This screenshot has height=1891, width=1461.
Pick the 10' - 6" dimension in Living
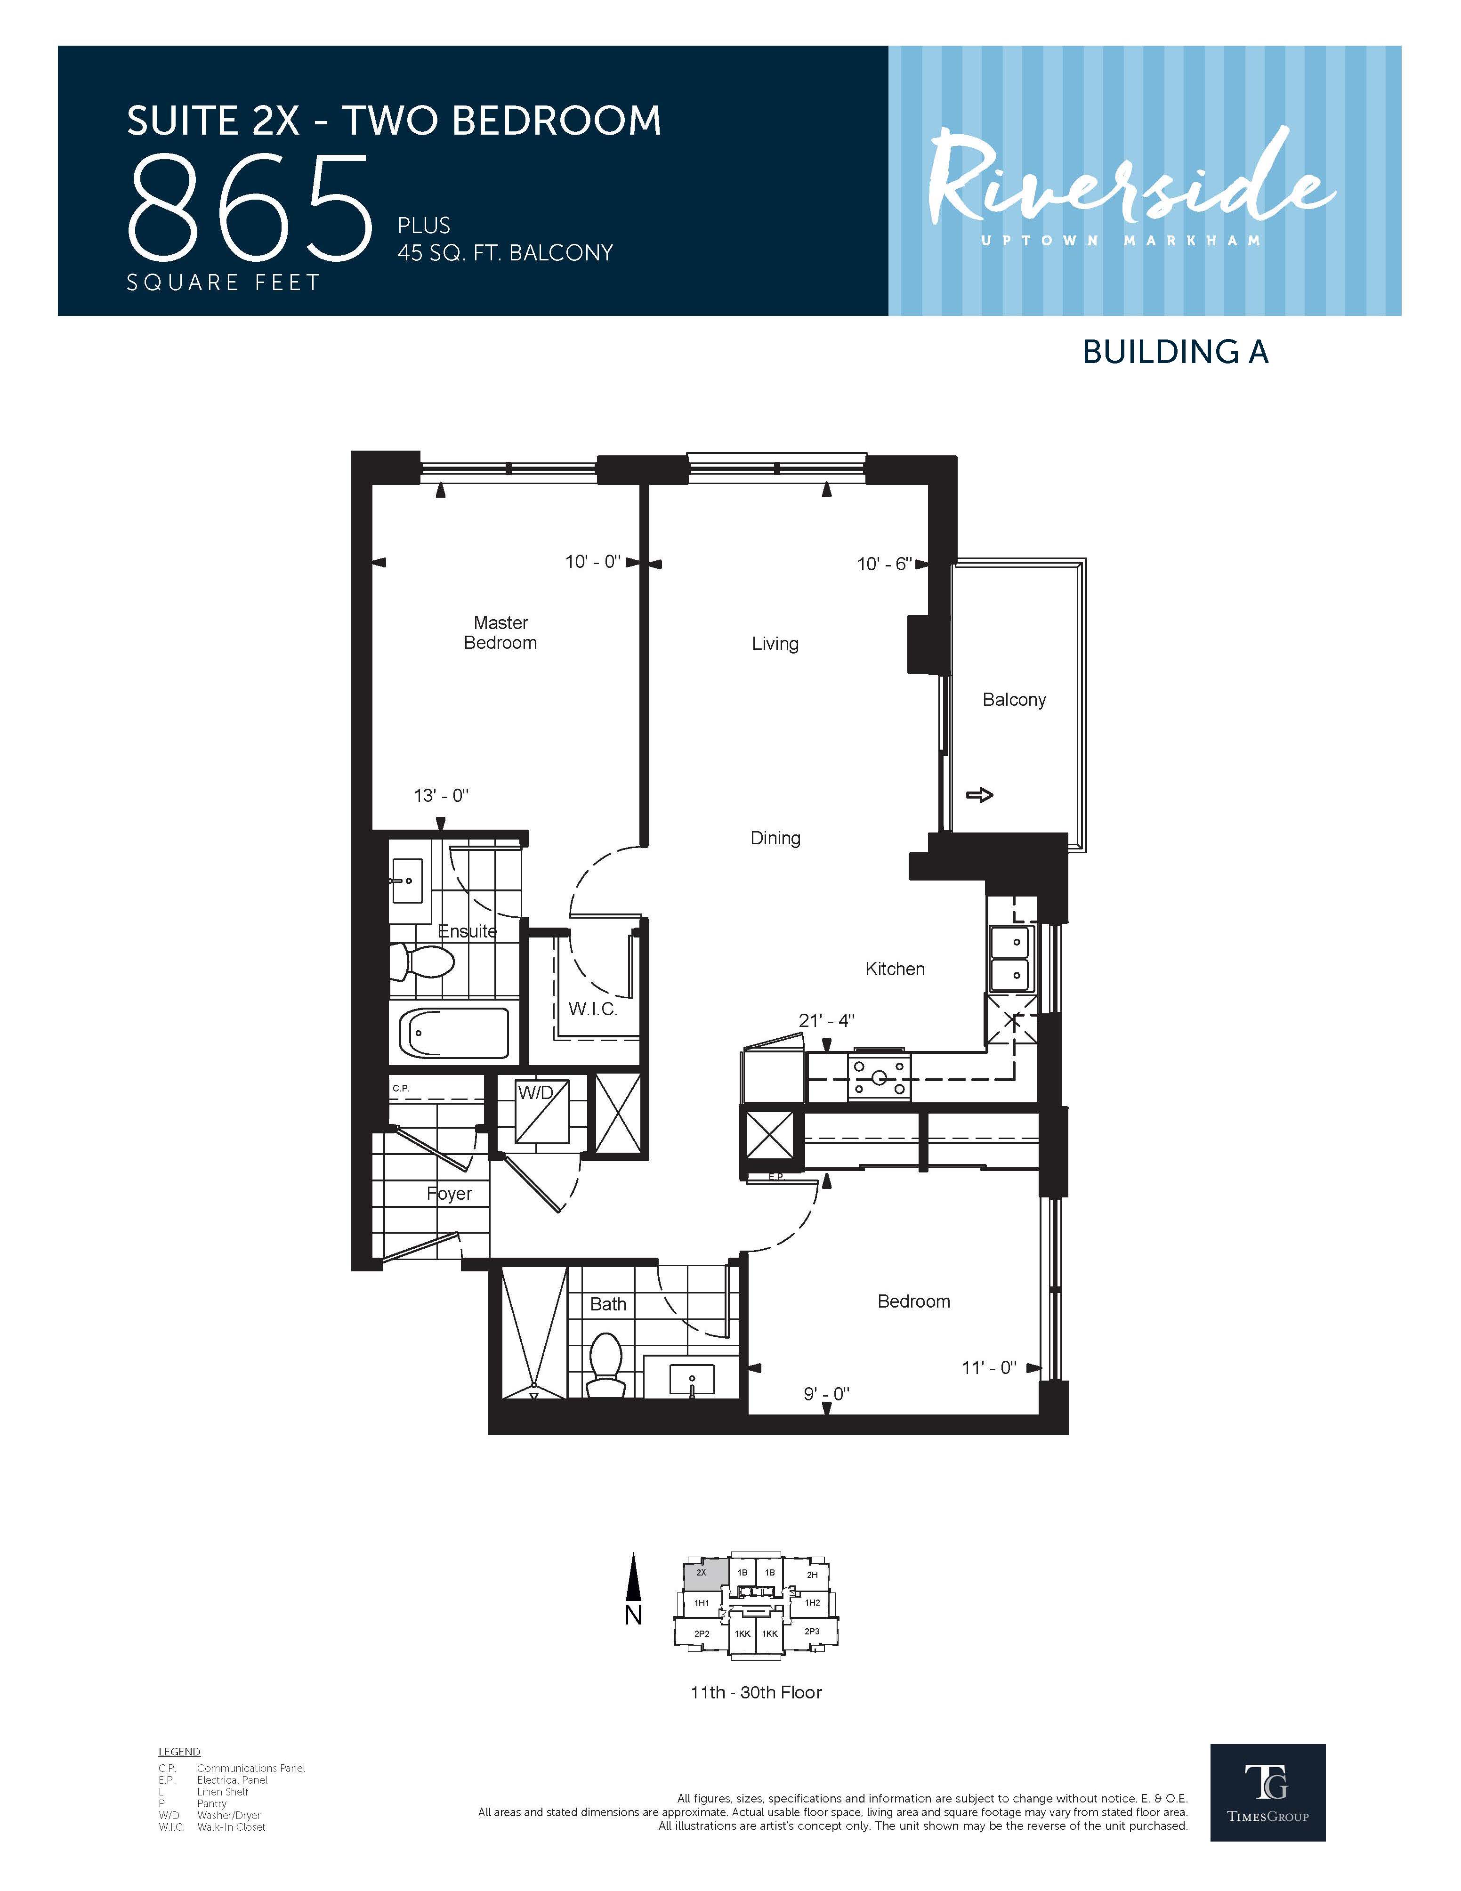click(884, 564)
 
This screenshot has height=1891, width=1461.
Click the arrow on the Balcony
click(979, 794)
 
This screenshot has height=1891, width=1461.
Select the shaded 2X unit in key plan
click(702, 1574)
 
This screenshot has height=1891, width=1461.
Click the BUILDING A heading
click(1175, 352)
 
